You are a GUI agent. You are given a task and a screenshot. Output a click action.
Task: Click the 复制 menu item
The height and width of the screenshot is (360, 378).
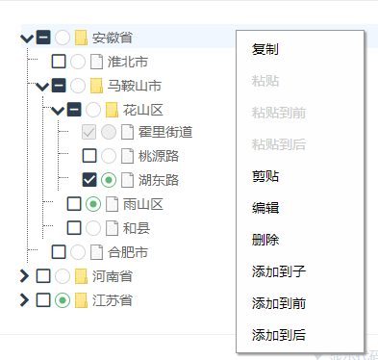click(x=265, y=49)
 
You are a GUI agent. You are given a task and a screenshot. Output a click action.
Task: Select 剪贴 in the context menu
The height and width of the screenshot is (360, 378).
click(x=265, y=176)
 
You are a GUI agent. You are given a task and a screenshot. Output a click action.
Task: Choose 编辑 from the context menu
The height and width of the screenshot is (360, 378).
click(x=265, y=208)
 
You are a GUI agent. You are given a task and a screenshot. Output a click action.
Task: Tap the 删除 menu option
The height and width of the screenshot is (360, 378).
click(x=265, y=240)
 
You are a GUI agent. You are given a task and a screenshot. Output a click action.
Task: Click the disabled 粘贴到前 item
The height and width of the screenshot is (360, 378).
click(x=278, y=113)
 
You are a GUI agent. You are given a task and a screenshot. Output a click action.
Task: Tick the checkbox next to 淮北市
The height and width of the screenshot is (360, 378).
click(x=59, y=62)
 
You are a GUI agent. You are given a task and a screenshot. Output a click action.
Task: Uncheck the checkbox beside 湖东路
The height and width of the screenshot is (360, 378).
click(x=89, y=180)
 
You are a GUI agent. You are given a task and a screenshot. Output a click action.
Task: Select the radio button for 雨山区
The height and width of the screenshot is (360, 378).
click(x=93, y=204)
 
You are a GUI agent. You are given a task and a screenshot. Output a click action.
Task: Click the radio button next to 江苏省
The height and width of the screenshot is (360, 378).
click(x=63, y=300)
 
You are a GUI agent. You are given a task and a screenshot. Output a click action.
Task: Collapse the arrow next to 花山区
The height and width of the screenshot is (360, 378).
click(x=57, y=109)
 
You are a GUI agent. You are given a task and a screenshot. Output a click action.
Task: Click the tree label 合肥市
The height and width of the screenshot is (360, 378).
click(x=127, y=252)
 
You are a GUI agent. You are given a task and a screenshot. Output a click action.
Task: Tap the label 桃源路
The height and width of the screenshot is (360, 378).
click(x=159, y=156)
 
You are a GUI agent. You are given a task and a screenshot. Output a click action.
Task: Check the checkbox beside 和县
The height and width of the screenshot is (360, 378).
click(x=74, y=228)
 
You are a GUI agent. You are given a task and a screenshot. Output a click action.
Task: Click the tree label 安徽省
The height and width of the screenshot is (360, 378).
click(x=113, y=38)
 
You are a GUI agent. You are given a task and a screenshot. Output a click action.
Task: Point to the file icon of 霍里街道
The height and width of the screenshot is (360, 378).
click(x=126, y=132)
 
